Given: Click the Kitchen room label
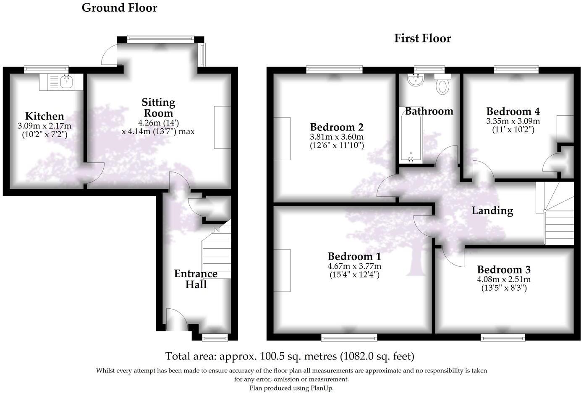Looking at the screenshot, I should point(44,116).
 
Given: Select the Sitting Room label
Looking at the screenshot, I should point(158,107).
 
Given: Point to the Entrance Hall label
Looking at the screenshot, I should point(196,279).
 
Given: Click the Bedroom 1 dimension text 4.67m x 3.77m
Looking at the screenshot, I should point(354,266).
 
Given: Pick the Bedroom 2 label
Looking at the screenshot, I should point(337,127).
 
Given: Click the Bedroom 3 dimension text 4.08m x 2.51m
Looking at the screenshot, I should point(504,279).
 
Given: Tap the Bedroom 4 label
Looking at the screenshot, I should point(513,111).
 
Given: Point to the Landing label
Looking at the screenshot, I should point(492,211).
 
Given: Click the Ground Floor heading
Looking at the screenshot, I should point(119,8).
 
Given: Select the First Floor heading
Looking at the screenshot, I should point(422,38).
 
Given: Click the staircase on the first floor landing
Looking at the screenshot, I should point(558,214).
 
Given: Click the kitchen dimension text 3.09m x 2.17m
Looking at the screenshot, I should point(44,126).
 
